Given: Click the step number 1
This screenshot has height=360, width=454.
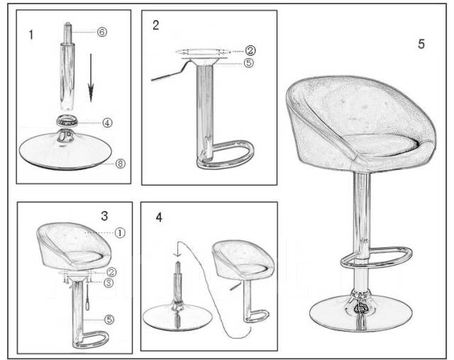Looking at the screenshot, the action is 31,35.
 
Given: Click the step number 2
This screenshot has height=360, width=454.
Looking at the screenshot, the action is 156,25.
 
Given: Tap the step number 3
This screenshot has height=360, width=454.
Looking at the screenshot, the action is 104,215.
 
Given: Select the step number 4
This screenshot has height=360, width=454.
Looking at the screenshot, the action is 159,217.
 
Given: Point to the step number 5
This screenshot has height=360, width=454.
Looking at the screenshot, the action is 421,44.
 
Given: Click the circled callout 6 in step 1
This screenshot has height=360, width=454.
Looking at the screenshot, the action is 101,32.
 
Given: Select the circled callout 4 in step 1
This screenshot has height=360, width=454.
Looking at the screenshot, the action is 107,123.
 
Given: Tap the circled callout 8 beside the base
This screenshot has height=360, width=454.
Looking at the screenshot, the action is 121,164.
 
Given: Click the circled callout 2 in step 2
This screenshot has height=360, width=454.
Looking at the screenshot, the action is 250,50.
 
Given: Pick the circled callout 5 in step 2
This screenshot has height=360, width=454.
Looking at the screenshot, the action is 248,62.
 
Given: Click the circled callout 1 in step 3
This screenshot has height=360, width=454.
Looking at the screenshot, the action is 120,232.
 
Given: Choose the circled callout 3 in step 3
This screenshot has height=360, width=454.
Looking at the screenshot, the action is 109,283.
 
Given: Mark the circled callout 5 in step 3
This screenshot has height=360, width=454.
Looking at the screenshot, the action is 109,320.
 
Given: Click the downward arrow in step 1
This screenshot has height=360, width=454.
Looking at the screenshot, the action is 91,78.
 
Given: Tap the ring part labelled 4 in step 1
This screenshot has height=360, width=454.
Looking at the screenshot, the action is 67,120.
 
